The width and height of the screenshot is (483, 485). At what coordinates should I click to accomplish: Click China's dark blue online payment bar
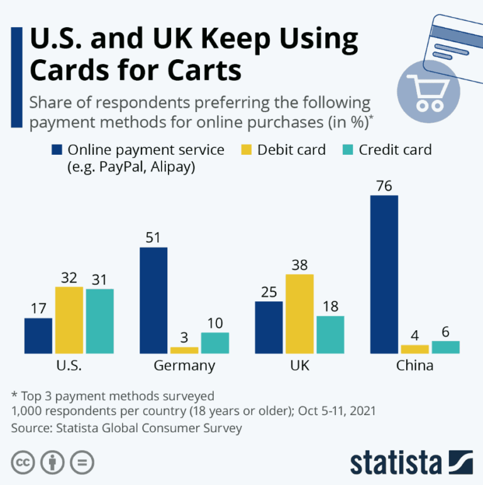point(384,274)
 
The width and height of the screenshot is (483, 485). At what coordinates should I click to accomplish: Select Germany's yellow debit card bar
point(184,350)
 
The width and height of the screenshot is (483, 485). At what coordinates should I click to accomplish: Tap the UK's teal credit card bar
point(330,334)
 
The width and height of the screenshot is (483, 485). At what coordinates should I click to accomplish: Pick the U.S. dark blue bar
point(38,335)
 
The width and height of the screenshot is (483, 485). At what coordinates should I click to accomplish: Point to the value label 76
point(384,186)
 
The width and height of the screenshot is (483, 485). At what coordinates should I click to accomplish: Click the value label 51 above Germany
point(153,238)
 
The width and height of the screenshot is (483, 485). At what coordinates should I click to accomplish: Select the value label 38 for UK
point(299,264)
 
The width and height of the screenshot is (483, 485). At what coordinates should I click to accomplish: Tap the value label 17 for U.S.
point(38,308)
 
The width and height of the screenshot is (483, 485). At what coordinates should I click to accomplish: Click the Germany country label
point(184,365)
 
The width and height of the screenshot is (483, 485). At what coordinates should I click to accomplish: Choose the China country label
point(414,365)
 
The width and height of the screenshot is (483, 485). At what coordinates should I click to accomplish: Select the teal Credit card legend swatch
point(347,150)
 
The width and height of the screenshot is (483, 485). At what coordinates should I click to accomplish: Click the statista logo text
point(396,462)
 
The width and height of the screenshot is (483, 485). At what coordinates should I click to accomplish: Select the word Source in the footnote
point(30,428)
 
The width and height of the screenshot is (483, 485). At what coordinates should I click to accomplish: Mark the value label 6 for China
point(445,331)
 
